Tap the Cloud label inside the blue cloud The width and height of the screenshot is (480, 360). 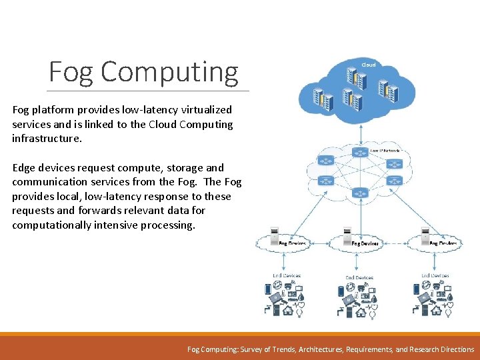tap(369, 65)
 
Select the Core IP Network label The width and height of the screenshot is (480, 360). tap(385, 151)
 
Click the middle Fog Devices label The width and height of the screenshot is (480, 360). tap(365, 243)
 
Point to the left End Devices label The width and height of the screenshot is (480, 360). tap(287, 275)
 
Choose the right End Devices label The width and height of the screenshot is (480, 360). tap(435, 275)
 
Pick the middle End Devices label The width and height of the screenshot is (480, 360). tap(359, 277)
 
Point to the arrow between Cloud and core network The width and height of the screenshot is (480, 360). tap(361, 134)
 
